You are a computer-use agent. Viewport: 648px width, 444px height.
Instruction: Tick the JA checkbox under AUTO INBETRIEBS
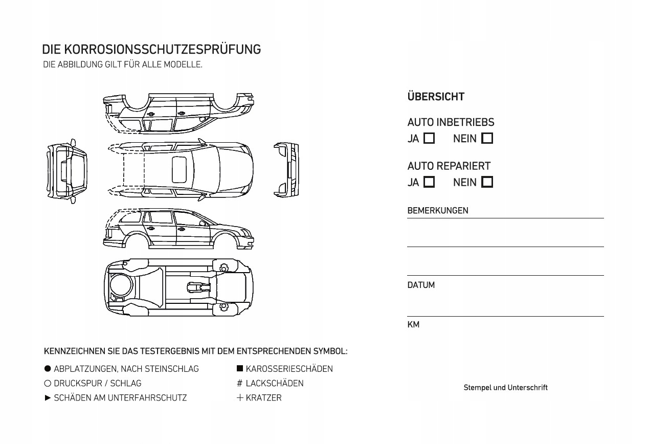click(x=430, y=139)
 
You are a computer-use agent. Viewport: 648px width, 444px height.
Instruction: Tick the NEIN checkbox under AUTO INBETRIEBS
click(x=487, y=139)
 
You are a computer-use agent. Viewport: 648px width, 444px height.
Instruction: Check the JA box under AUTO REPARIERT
click(x=430, y=182)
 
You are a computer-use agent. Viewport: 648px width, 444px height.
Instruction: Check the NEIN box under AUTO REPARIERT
click(x=487, y=182)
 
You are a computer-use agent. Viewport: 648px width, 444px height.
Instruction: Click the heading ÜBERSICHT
click(x=436, y=97)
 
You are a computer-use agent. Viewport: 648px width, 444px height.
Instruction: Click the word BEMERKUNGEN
click(x=437, y=211)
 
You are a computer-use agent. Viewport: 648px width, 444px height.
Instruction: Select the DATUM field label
click(x=421, y=285)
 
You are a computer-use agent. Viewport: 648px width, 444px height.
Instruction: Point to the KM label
click(x=413, y=325)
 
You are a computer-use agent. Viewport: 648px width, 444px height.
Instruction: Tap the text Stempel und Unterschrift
click(x=505, y=388)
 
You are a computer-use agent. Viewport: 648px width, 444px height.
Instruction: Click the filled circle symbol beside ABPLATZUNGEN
click(x=48, y=369)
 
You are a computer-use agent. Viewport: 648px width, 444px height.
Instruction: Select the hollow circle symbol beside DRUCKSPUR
click(x=48, y=383)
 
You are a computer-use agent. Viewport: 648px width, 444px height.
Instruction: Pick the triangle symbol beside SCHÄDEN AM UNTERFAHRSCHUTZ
click(x=48, y=397)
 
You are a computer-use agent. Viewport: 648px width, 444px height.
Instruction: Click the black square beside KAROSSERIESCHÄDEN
click(x=240, y=369)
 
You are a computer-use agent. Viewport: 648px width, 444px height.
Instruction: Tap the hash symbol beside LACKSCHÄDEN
click(x=239, y=383)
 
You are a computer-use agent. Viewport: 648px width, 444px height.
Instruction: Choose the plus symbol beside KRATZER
click(x=240, y=397)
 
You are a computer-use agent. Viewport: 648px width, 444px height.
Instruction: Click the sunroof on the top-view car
click(x=179, y=169)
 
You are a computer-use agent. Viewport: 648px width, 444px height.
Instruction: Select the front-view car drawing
click(x=287, y=170)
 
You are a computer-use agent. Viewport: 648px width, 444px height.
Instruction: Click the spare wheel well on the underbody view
click(x=121, y=285)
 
